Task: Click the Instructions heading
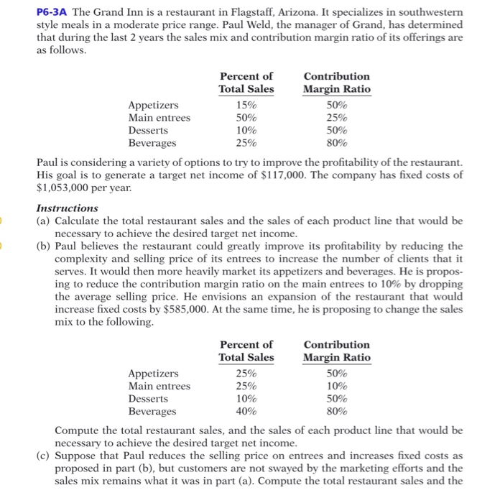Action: [x=67, y=208]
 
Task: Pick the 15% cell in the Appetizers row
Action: [x=246, y=105]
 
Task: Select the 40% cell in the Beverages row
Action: [x=246, y=412]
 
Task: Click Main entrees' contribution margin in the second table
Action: [x=337, y=386]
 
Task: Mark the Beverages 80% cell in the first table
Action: [x=337, y=144]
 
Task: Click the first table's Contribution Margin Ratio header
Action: [x=337, y=83]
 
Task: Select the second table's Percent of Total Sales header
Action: [x=246, y=351]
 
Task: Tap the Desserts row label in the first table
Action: [x=148, y=131]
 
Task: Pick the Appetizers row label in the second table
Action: [x=153, y=373]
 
